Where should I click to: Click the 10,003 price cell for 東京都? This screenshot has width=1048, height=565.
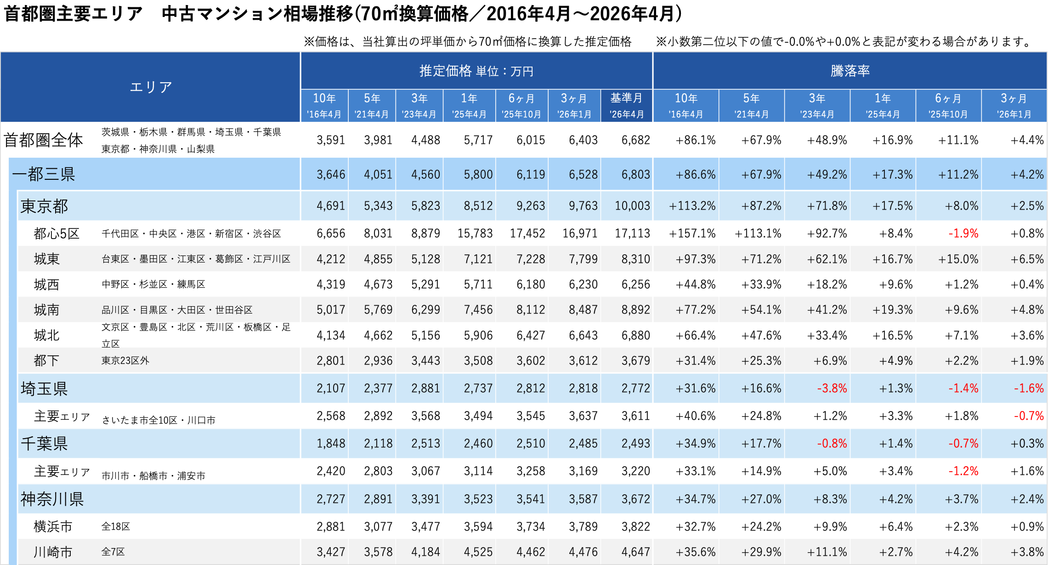click(x=632, y=206)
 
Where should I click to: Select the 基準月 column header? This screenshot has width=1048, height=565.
click(x=626, y=98)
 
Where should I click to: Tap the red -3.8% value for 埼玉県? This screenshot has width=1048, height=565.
click(x=832, y=388)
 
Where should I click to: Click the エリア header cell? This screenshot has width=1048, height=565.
click(x=151, y=87)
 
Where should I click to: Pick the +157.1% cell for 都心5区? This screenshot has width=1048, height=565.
click(x=692, y=234)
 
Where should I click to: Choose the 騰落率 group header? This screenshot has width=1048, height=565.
click(x=850, y=71)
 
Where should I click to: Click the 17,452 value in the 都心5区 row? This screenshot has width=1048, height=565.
click(x=527, y=234)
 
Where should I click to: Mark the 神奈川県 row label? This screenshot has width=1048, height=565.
click(x=52, y=499)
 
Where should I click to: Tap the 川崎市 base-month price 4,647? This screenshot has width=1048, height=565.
click(x=635, y=552)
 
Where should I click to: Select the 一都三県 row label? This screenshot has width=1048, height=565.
click(x=44, y=174)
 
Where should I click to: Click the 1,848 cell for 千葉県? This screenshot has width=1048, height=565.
click(x=331, y=444)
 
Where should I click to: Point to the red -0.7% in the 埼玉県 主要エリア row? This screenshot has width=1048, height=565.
click(x=1029, y=416)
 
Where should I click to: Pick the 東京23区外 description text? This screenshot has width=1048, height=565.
click(x=125, y=360)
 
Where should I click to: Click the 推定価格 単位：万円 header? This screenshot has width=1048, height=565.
click(x=476, y=71)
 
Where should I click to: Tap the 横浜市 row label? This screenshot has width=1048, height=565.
click(x=53, y=526)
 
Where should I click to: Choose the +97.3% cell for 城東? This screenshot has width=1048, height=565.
click(x=695, y=259)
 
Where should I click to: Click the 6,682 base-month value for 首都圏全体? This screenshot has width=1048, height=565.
click(x=635, y=140)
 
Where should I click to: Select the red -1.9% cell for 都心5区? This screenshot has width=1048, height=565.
click(x=963, y=234)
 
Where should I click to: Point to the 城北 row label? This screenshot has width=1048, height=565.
click(x=46, y=335)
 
